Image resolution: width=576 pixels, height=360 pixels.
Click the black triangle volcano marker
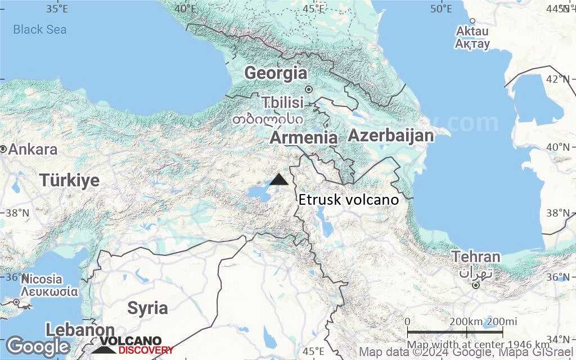pyautogui.click(x=279, y=180)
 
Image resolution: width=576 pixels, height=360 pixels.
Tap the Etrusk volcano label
pyautogui.click(x=348, y=200)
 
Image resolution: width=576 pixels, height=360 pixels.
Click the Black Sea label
pyautogui.click(x=39, y=29)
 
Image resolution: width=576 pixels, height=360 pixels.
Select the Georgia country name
pyautogui.click(x=276, y=73)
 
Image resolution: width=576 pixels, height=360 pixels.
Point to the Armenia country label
pyautogui.click(x=304, y=138)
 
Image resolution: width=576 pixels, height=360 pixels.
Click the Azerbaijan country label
pyautogui.click(x=391, y=136)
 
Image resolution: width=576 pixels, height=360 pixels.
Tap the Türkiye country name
pyautogui.click(x=69, y=181)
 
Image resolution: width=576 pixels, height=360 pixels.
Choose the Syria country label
pyautogui.click(x=147, y=308)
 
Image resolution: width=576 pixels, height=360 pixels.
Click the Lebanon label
pyautogui.click(x=80, y=330)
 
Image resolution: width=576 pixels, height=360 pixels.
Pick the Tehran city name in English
pyautogui.click(x=476, y=257)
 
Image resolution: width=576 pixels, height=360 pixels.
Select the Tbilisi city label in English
pyautogui.click(x=283, y=103)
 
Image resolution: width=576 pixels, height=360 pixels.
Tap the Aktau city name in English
pyautogui.click(x=472, y=31)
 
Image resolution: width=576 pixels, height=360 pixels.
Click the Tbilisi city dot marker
pyautogui.click(x=308, y=89)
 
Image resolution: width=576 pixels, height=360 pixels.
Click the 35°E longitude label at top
pyautogui.click(x=57, y=8)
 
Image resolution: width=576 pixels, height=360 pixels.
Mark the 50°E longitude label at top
pyautogui.click(x=441, y=8)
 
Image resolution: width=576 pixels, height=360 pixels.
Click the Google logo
pyautogui.click(x=38, y=346)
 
